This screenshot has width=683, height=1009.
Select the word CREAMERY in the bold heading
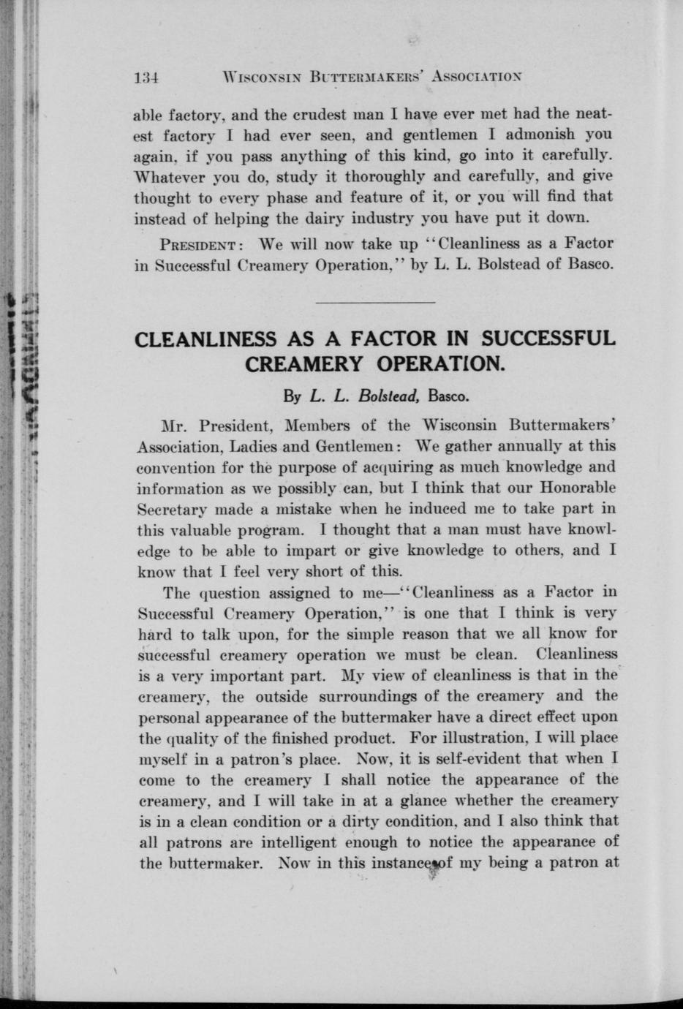(303, 363)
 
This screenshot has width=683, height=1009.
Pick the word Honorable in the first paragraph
(577, 487)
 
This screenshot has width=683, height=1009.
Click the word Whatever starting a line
(170, 176)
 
